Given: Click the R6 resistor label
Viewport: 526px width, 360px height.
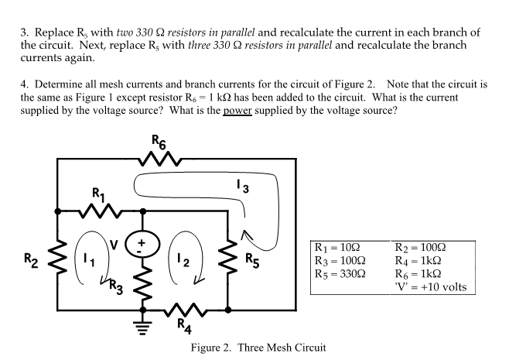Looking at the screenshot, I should [159, 142].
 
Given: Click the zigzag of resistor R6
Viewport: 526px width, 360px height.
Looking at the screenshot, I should [161, 161].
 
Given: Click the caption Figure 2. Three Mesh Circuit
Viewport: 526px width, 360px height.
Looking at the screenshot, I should [258, 348].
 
